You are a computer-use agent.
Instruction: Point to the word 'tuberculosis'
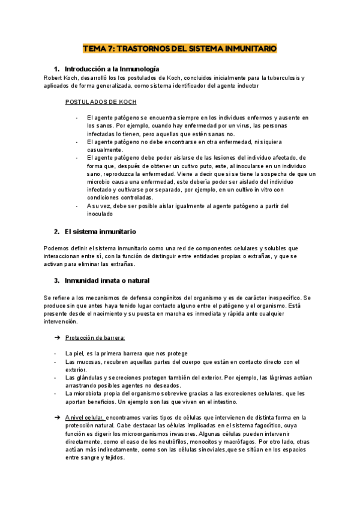(x=283, y=77)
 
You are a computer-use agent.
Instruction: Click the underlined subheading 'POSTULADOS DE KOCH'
(x=101, y=102)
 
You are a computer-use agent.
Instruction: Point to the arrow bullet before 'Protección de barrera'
(x=56, y=338)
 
